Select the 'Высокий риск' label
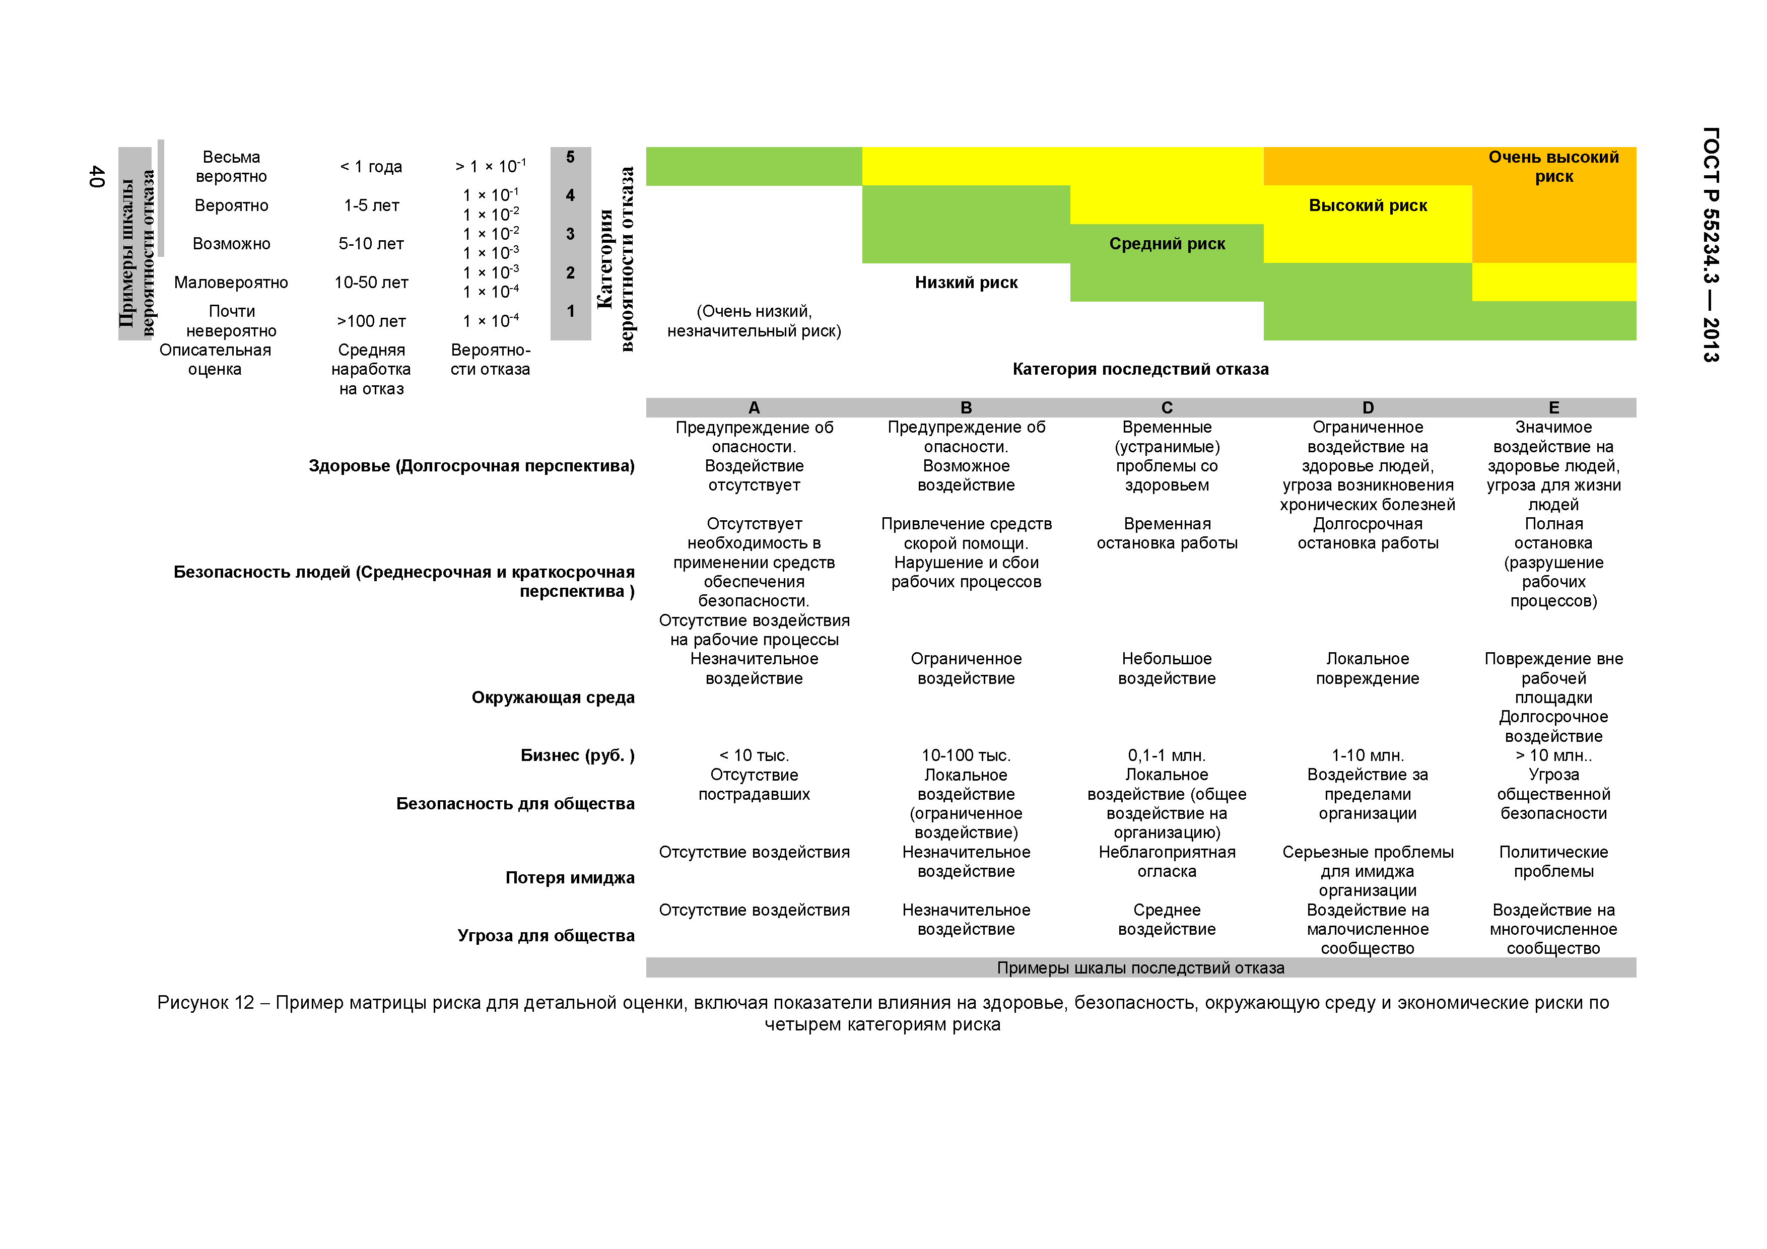click(x=1368, y=205)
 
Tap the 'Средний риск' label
click(x=1167, y=244)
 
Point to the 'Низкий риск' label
click(x=966, y=283)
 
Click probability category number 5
click(x=570, y=157)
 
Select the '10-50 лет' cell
click(x=371, y=283)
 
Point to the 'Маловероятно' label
click(x=231, y=283)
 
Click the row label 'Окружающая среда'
click(x=553, y=697)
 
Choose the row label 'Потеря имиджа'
click(x=570, y=877)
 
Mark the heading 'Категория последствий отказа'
click(x=1140, y=369)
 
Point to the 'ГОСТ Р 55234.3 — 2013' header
click(x=1710, y=245)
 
